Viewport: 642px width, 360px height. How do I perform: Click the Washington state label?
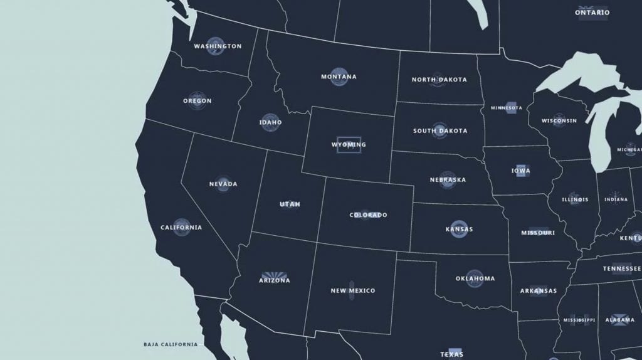pyautogui.click(x=218, y=46)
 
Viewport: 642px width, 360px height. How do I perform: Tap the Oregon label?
pyautogui.click(x=197, y=101)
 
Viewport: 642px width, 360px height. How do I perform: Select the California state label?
pyautogui.click(x=181, y=228)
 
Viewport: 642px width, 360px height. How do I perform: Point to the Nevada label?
pyautogui.click(x=223, y=184)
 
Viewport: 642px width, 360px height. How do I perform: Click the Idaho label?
pyautogui.click(x=271, y=122)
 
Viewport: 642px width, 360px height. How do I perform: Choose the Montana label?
pyautogui.click(x=339, y=77)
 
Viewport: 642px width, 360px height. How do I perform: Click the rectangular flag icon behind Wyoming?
pyautogui.click(x=349, y=145)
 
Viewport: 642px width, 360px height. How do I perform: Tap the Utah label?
pyautogui.click(x=290, y=204)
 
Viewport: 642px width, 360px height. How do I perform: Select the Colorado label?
pyautogui.click(x=368, y=215)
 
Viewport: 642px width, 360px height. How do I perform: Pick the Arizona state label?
pyautogui.click(x=275, y=280)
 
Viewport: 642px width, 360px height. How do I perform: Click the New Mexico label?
pyautogui.click(x=352, y=291)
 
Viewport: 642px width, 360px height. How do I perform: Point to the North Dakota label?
pyautogui.click(x=439, y=80)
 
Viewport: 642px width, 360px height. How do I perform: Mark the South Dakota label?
pyautogui.click(x=439, y=131)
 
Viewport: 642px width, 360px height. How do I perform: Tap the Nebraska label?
pyautogui.click(x=448, y=180)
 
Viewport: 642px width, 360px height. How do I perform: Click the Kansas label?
pyautogui.click(x=459, y=230)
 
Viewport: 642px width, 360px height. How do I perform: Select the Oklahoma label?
pyautogui.click(x=475, y=278)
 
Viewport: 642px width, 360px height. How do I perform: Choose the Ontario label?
pyautogui.click(x=592, y=13)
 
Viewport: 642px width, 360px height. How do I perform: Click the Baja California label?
pyautogui.click(x=170, y=344)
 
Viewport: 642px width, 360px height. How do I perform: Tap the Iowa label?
pyautogui.click(x=520, y=171)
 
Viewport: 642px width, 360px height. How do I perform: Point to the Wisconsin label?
pyautogui.click(x=559, y=121)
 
